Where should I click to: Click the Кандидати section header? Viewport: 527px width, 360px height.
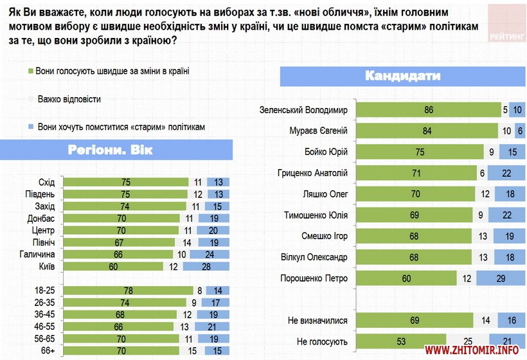tap(402, 76)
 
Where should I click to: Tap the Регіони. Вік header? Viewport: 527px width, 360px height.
tap(116, 151)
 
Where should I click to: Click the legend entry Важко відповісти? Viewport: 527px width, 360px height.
tap(69, 100)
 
